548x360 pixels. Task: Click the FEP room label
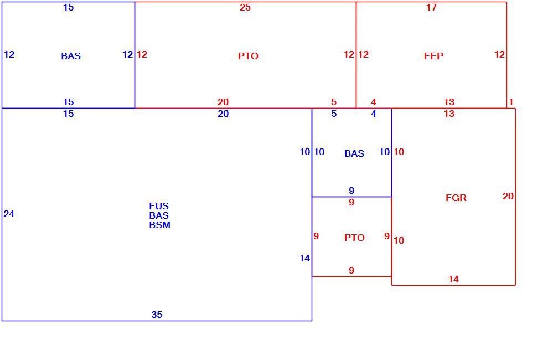click(433, 56)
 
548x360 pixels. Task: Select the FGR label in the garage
click(456, 198)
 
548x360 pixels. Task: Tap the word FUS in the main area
click(159, 206)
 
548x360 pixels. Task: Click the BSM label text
click(160, 225)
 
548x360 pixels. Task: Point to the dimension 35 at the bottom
click(157, 315)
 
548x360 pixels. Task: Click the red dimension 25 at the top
click(245, 7)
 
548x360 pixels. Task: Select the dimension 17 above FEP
click(431, 7)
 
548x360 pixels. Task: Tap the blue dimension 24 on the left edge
click(9, 214)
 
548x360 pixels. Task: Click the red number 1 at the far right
click(511, 102)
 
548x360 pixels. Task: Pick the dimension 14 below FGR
click(453, 279)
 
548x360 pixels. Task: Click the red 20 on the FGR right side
click(508, 196)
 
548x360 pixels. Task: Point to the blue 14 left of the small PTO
click(304, 258)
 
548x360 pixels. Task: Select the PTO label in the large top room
click(248, 56)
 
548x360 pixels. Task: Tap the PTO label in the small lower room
click(354, 238)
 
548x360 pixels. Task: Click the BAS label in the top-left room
click(71, 56)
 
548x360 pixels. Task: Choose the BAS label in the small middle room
click(354, 153)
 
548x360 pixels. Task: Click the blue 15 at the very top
click(69, 7)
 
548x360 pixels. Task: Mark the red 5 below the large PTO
click(334, 102)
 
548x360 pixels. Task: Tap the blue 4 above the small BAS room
click(374, 114)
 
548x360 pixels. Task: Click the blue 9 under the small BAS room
click(351, 191)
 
